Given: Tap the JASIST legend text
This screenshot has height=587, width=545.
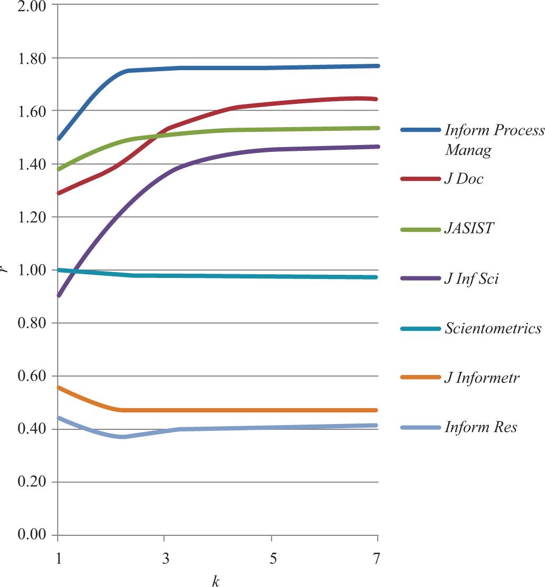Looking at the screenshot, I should [x=469, y=229].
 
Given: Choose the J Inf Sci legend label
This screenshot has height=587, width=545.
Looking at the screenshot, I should [x=471, y=278].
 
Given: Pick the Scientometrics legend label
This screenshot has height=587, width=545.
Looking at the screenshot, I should [x=493, y=328].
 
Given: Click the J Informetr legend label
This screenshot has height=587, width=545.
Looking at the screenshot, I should [x=482, y=378].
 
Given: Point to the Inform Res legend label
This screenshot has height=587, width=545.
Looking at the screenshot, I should [x=480, y=427].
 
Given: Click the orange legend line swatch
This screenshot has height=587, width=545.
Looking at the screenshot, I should [x=420, y=378].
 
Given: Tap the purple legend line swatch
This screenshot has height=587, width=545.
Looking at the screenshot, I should [x=420, y=278].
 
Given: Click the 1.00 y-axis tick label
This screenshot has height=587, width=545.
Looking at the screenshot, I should [x=30, y=270].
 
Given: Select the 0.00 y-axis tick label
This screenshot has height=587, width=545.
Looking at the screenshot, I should [x=30, y=535].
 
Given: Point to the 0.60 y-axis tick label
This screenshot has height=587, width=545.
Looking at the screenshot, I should [x=30, y=376].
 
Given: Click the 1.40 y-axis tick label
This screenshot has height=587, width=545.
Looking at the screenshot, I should [x=30, y=164].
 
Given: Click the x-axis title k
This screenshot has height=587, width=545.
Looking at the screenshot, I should [x=215, y=581].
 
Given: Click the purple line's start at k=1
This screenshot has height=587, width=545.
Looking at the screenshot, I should [x=58, y=295].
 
